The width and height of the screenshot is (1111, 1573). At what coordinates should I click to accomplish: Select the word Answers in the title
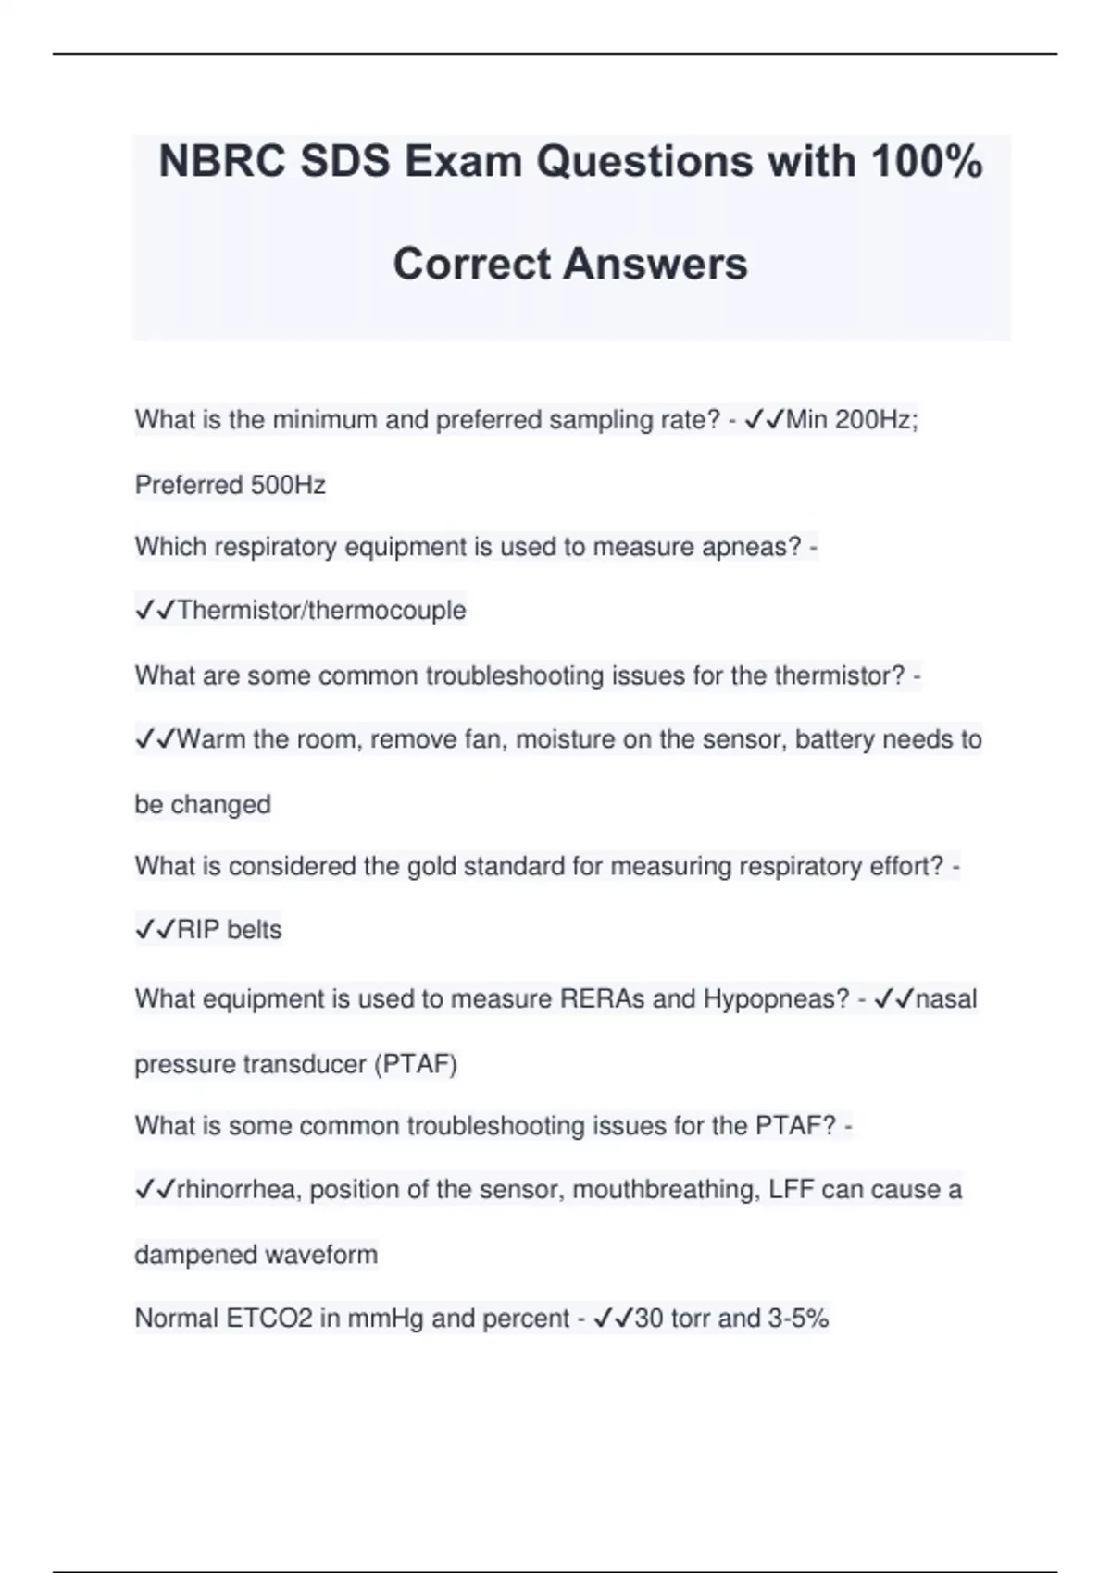click(655, 264)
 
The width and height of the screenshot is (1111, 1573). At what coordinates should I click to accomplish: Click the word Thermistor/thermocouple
click(321, 611)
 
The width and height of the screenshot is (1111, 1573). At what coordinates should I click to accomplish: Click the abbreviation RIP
click(198, 929)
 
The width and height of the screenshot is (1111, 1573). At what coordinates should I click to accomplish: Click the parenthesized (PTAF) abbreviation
click(415, 1064)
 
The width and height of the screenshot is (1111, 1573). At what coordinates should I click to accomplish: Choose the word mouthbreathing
click(665, 1189)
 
